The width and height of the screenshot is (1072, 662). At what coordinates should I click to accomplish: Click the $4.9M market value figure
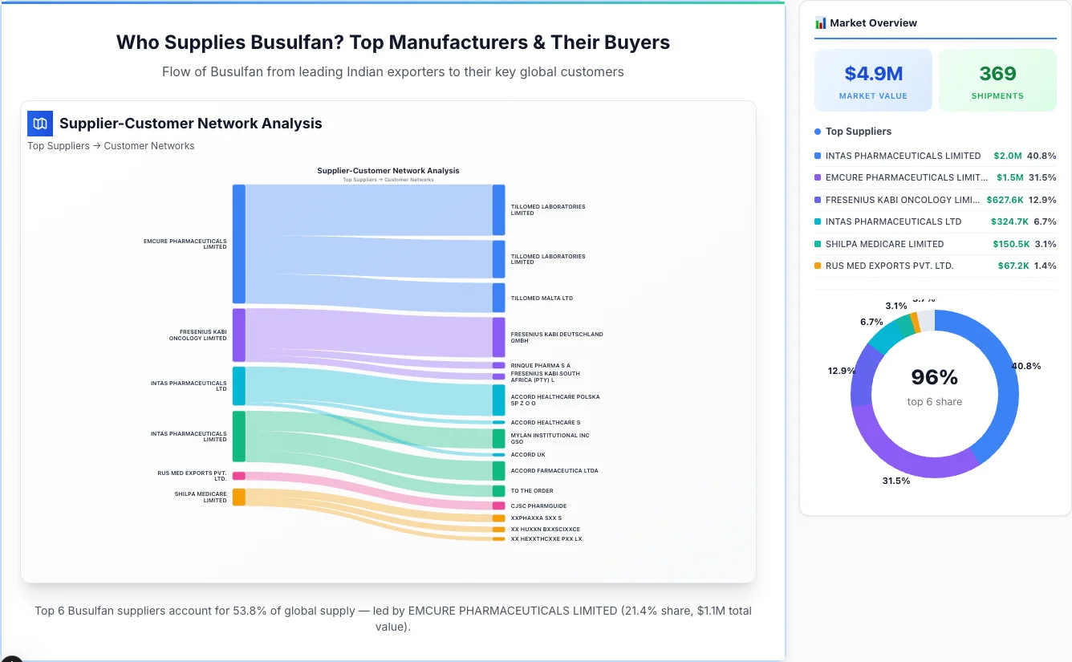coord(873,74)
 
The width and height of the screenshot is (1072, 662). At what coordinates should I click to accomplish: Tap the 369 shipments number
coord(997,74)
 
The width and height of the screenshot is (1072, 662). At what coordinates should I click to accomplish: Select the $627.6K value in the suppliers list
coord(1005,200)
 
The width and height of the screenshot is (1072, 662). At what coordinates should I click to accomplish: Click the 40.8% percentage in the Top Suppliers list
coord(1042,156)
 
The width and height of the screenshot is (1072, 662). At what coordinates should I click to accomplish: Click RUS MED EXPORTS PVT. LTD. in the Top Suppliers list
coord(889,266)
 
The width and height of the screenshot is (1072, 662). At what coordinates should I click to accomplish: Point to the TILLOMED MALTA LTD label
coord(542,299)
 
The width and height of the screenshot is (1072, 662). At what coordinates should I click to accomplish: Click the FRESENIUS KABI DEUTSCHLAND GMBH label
coord(556,337)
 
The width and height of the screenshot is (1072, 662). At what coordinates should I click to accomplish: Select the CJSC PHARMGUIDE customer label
coord(538,506)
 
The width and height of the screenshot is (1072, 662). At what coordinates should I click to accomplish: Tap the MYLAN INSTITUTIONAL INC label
coord(550,438)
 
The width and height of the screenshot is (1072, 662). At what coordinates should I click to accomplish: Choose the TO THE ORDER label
coord(531,491)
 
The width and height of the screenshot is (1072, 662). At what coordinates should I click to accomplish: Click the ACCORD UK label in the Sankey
coord(528,455)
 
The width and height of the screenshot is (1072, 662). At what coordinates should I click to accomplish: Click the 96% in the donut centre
coord(934,377)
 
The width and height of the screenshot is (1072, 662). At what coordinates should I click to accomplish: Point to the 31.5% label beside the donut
coord(895,481)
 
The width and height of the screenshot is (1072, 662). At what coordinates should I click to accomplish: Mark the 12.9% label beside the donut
coord(842,371)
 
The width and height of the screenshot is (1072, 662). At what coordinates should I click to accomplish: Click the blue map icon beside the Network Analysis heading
coord(40,124)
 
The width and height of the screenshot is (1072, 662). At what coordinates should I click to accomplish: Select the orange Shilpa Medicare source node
coord(238,497)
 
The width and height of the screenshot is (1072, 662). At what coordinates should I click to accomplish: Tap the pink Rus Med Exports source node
coord(238,476)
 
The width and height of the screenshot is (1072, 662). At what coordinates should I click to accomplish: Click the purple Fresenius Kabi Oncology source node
coord(238,335)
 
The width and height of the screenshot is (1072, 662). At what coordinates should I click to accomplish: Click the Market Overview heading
coord(872,23)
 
